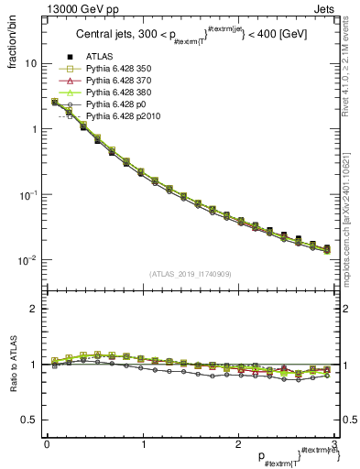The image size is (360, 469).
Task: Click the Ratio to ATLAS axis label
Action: point(14,365)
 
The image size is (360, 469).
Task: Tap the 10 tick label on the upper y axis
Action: point(30,64)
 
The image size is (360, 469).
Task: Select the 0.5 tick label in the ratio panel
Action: point(28,420)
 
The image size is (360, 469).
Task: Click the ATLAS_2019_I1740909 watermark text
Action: point(191,275)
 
